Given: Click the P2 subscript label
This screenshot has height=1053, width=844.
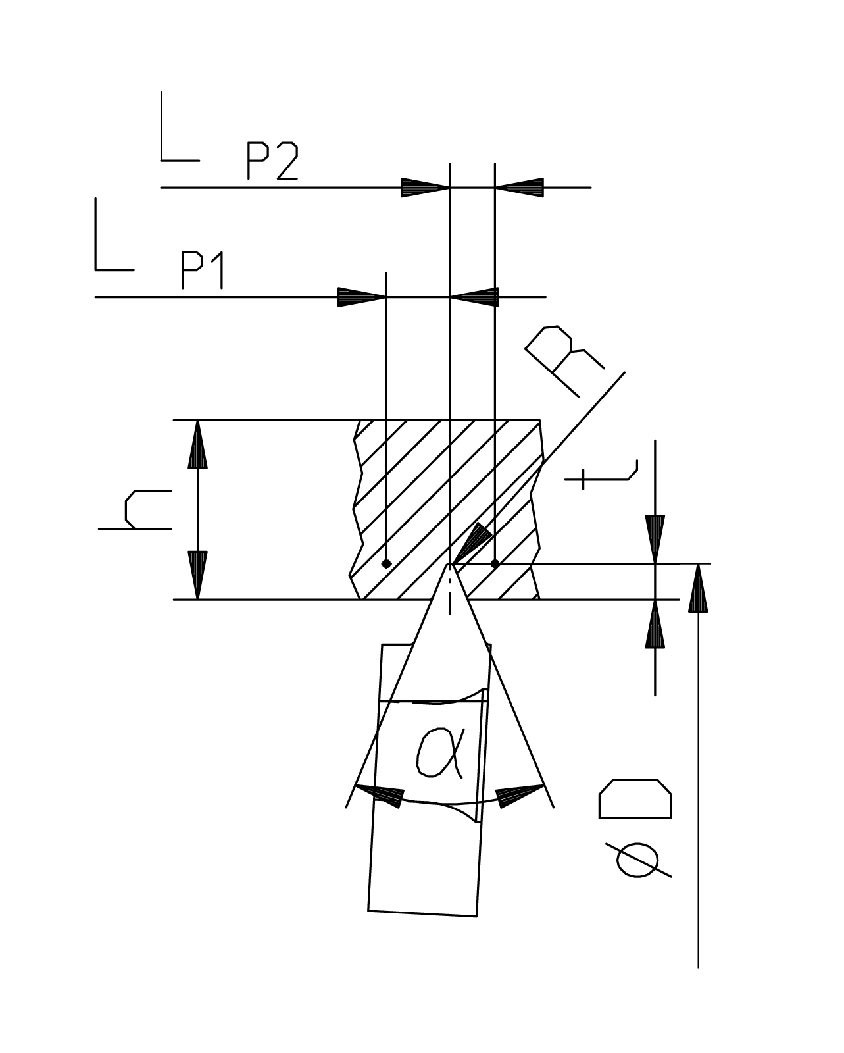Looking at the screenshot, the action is [272, 161].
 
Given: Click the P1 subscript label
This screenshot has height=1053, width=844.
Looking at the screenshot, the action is [203, 270].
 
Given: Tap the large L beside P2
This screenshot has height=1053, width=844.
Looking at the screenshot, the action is [180, 126].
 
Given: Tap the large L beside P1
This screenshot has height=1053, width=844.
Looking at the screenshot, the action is [114, 234].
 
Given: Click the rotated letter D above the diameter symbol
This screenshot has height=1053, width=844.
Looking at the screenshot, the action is [635, 799].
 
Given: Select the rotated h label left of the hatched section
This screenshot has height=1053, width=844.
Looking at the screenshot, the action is [135, 509].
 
